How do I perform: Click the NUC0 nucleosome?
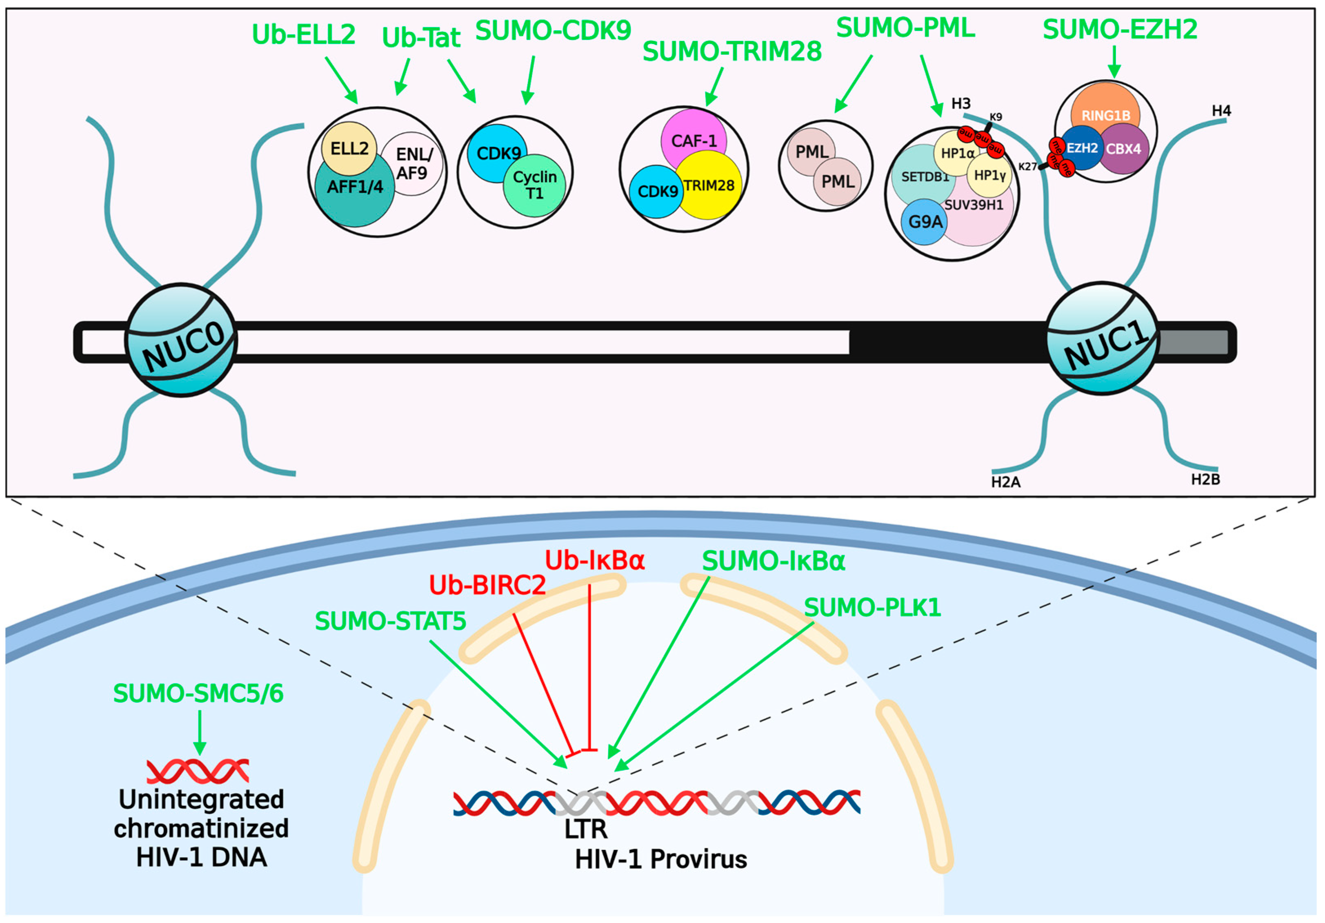click(181, 340)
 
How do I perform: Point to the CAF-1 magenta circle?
click(694, 140)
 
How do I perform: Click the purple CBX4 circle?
click(1123, 149)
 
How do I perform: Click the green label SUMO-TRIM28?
click(732, 52)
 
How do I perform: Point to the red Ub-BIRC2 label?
click(487, 585)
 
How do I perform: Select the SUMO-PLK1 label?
click(872, 607)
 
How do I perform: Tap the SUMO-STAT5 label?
click(390, 621)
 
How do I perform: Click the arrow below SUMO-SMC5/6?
click(200, 732)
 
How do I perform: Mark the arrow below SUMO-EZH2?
click(1114, 61)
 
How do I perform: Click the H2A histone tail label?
click(1006, 482)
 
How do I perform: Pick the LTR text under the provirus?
click(586, 829)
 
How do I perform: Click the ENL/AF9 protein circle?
click(412, 164)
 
